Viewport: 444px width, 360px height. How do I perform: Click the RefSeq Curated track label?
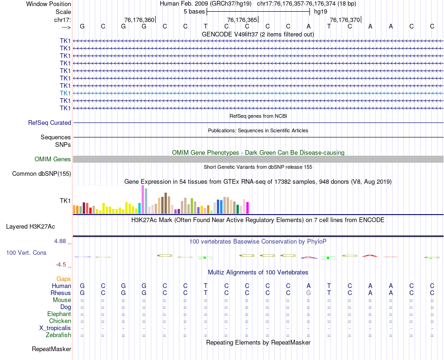[50, 122]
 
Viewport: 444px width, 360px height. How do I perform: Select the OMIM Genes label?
[53, 159]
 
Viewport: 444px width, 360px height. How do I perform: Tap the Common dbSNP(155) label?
[42, 174]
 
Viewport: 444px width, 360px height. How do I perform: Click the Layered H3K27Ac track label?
[30, 227]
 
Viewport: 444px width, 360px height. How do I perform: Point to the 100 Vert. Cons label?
[26, 252]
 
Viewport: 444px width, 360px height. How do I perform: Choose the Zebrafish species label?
[58, 335]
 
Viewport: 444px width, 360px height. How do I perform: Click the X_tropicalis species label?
[55, 328]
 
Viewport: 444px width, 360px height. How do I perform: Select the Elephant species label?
[59, 314]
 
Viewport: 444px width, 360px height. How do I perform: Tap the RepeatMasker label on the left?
[51, 349]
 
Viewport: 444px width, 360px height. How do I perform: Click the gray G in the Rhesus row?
[308, 293]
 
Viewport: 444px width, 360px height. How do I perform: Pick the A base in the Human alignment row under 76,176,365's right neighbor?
[308, 286]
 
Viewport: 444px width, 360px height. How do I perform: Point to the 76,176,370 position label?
[345, 20]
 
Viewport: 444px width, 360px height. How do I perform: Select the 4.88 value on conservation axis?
[60, 241]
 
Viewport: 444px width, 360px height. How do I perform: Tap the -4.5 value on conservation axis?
[61, 264]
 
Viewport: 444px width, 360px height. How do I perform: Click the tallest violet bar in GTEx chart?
[143, 200]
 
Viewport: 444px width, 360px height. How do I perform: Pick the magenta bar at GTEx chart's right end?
[247, 208]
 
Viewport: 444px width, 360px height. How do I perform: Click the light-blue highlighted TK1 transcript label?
[65, 93]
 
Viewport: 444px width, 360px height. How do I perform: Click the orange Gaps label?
[64, 279]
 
